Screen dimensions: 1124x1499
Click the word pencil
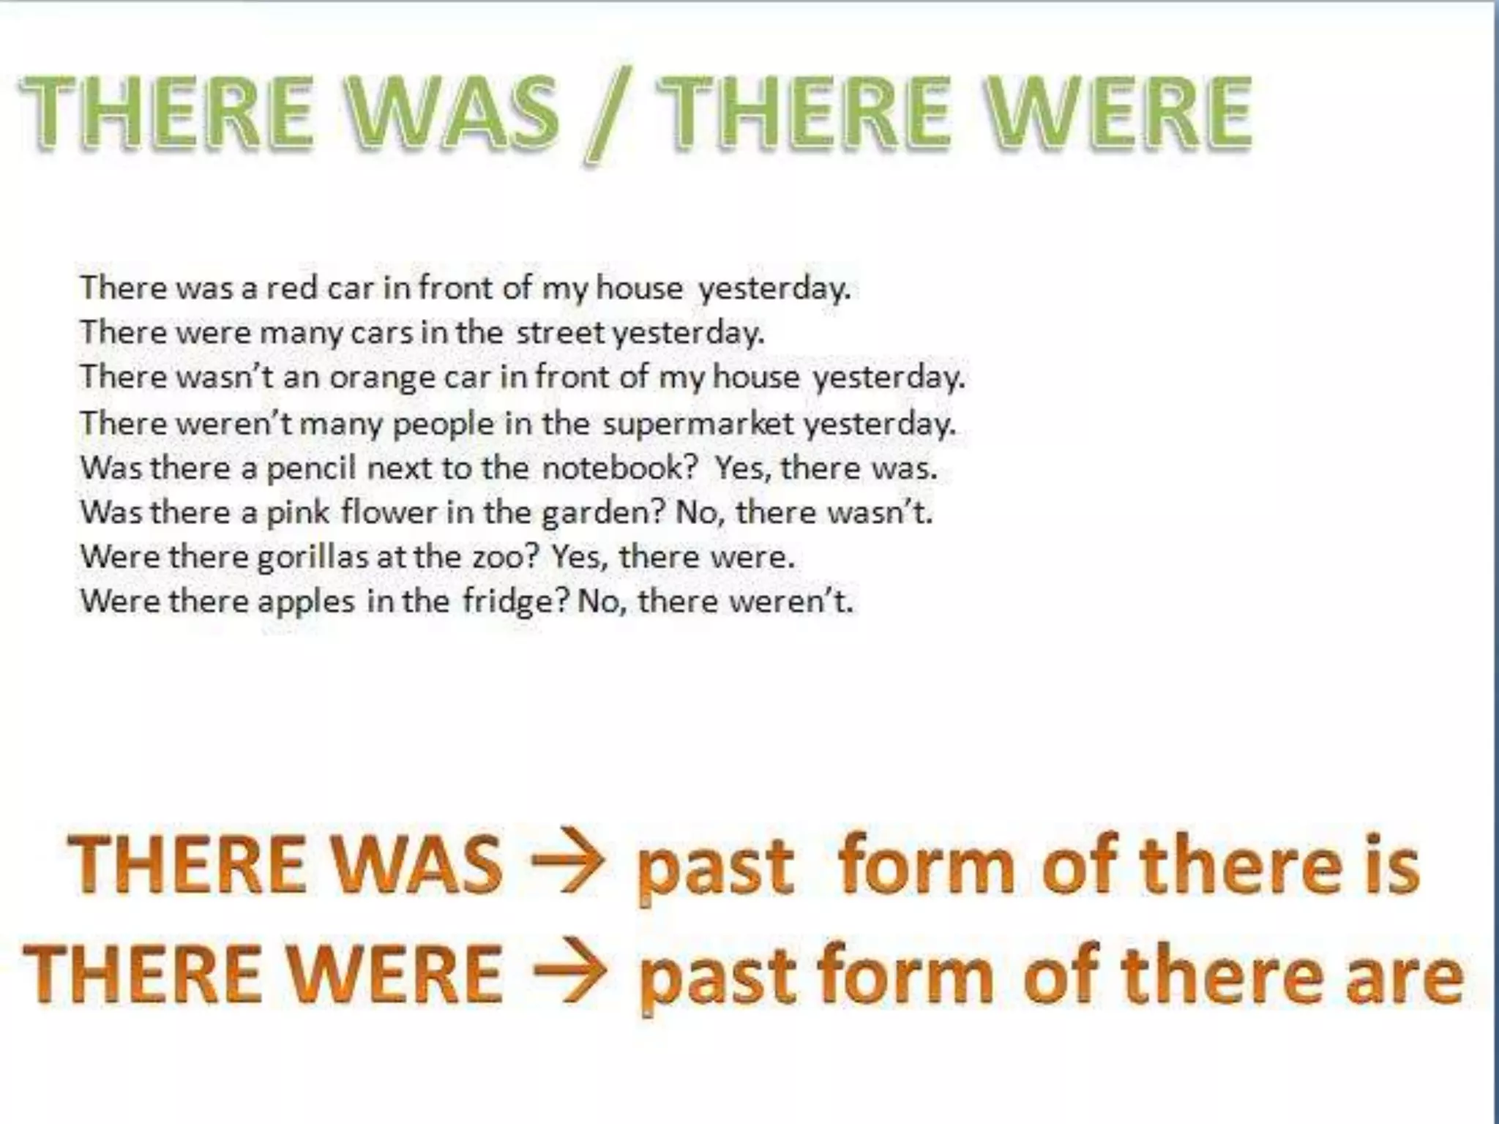point(311,468)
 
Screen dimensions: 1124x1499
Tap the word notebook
point(620,468)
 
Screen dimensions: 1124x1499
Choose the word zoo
point(505,558)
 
